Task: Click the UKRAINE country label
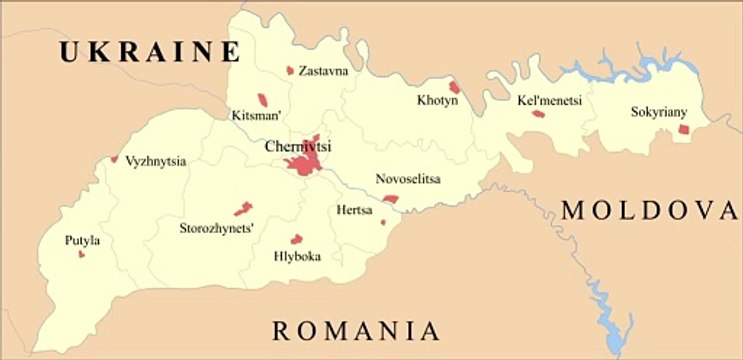point(149,53)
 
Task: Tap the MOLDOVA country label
point(650,210)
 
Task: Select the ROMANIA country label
point(356,331)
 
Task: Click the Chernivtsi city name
point(298,147)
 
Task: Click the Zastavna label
point(329,71)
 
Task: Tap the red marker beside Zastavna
point(290,71)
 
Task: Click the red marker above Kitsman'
point(264,99)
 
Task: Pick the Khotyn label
point(437,101)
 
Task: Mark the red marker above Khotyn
point(454,87)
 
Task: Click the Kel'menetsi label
point(549,100)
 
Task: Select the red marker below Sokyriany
point(684,129)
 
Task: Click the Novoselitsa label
point(408,179)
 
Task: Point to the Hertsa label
point(354,211)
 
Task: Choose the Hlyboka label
point(297,256)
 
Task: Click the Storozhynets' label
point(216,228)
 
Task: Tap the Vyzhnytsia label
point(155,160)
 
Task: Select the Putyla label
point(82,240)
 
